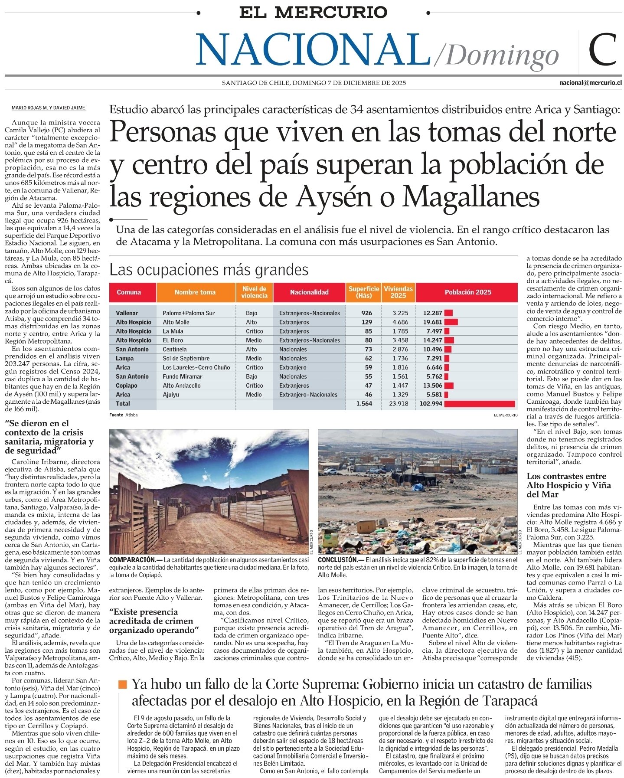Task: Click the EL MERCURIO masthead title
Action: (x=313, y=12)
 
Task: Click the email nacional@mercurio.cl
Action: (x=590, y=83)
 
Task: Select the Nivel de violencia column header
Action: (x=255, y=292)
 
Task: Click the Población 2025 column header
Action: (x=467, y=292)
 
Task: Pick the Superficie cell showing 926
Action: (x=366, y=313)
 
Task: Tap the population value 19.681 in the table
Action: (x=432, y=322)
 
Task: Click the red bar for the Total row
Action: (x=479, y=404)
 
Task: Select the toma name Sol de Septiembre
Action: (x=186, y=359)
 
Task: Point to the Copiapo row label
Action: (x=127, y=386)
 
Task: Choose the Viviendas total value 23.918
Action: (x=398, y=404)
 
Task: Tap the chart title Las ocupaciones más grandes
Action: (x=209, y=270)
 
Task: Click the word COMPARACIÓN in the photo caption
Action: (x=132, y=560)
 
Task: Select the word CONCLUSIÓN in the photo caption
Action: (x=340, y=560)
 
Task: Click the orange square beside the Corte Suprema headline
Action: (x=123, y=684)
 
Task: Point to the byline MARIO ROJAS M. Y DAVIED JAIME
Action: (x=48, y=108)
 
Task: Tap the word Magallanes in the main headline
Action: (x=470, y=197)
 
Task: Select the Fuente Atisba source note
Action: (x=123, y=415)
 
